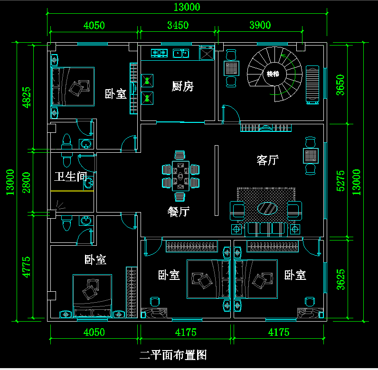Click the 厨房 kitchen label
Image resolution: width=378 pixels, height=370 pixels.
[x=182, y=86]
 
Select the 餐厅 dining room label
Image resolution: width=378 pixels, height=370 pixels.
[x=179, y=212]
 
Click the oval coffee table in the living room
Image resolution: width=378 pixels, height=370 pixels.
[x=267, y=208]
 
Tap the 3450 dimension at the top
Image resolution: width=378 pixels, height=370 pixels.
[x=179, y=25]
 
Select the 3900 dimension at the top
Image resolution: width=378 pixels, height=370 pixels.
[x=260, y=25]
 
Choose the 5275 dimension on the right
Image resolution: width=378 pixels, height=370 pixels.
[x=340, y=180]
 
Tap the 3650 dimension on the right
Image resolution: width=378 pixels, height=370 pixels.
[x=340, y=85]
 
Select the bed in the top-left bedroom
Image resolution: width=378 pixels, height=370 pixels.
[x=73, y=86]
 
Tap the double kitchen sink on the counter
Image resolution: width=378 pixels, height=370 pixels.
[x=181, y=53]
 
